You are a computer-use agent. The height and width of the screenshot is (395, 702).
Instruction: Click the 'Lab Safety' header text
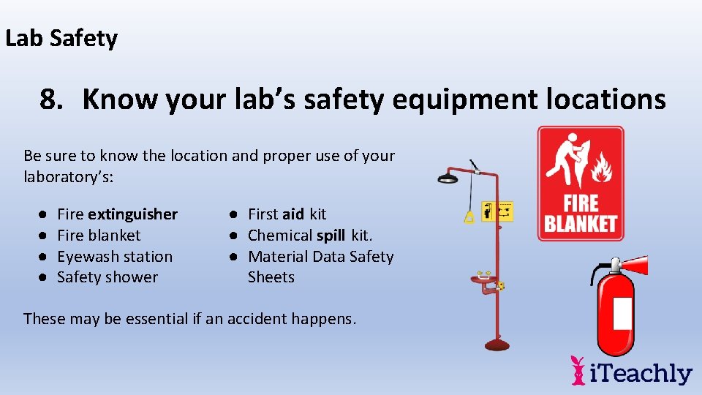61,38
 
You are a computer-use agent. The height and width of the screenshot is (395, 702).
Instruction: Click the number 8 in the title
50,99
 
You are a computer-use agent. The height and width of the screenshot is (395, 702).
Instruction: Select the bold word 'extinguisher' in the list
132,214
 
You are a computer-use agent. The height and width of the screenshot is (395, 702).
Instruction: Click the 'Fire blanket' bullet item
99,236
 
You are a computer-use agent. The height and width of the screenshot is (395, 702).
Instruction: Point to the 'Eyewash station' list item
115,257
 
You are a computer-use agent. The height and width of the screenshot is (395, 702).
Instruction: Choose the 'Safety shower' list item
107,277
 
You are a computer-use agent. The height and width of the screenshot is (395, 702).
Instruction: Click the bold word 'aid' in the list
292,214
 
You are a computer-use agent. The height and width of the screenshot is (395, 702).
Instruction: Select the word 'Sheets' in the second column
271,277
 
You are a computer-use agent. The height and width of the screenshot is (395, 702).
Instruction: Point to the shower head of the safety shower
448,176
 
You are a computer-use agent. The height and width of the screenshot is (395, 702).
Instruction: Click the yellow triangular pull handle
469,217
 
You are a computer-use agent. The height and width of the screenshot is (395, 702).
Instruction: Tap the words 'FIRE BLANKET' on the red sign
581,213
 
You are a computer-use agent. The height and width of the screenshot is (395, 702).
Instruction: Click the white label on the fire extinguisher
622,313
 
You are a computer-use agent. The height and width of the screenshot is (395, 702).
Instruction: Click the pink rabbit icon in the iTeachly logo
578,370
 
